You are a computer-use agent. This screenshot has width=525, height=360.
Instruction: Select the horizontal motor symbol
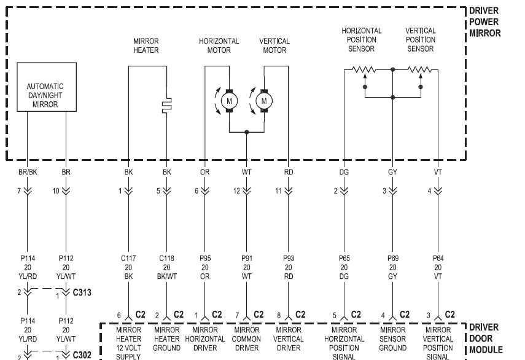click(230, 101)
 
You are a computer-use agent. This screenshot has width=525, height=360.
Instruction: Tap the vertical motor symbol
click(264, 101)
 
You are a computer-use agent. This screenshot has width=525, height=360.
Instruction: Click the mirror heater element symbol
click(167, 106)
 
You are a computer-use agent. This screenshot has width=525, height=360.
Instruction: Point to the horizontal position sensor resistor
click(364, 69)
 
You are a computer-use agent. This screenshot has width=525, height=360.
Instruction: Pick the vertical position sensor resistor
click(419, 69)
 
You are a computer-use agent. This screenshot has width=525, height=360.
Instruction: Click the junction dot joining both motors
click(247, 132)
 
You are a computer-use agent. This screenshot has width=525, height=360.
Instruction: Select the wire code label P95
click(205, 258)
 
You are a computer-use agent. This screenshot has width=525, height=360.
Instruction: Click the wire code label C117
click(128, 258)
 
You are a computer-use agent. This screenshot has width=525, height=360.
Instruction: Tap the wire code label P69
click(393, 258)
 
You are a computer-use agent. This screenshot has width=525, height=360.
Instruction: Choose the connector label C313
click(82, 292)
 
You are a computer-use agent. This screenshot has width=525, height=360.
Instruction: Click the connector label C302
click(82, 354)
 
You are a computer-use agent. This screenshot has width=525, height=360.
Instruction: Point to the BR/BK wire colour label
click(28, 172)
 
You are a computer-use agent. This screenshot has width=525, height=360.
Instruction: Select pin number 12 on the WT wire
click(237, 191)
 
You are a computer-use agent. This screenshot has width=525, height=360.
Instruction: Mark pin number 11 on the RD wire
click(278, 191)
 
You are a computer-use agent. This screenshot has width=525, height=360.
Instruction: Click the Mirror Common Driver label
click(247, 339)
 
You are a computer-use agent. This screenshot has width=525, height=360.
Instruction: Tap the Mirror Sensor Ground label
click(393, 339)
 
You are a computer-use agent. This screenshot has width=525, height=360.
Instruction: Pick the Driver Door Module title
click(486, 338)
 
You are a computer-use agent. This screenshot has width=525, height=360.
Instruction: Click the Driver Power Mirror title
click(485, 22)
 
